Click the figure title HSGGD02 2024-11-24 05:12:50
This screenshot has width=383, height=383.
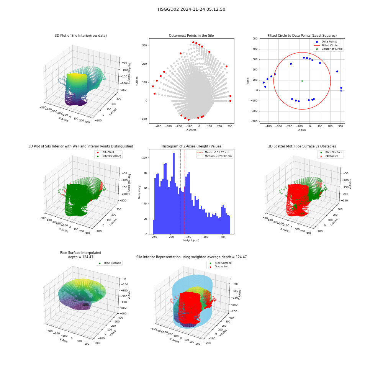[x=191, y=9]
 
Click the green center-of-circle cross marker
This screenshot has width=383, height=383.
[x=302, y=81]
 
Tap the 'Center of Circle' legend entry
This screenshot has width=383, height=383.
[x=329, y=49]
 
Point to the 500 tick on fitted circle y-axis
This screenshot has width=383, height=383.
[x=255, y=39]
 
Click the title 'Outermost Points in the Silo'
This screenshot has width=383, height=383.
[x=191, y=35]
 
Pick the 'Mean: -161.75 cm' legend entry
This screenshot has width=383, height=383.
[x=214, y=152]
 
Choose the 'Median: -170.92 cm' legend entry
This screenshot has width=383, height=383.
[x=214, y=156]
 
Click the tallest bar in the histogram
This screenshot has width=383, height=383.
[x=174, y=193]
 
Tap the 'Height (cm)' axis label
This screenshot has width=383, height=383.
[x=191, y=241]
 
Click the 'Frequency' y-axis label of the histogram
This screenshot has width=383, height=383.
[x=139, y=192]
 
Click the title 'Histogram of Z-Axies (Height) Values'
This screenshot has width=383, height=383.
[x=191, y=146]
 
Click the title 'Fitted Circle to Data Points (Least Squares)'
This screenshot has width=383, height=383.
[x=302, y=35]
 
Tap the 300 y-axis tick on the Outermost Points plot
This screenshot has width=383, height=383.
[x=145, y=46]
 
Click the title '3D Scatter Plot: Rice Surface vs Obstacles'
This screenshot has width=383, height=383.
[x=302, y=146]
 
